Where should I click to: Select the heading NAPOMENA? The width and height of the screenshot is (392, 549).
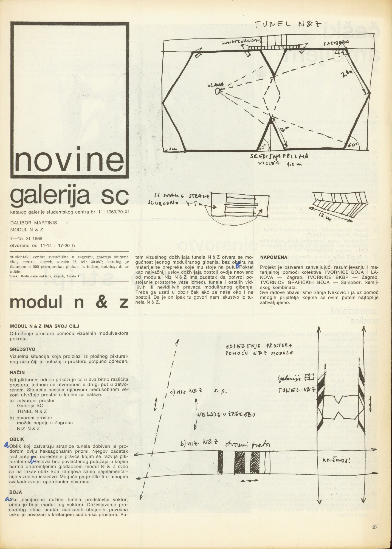tap(273, 257)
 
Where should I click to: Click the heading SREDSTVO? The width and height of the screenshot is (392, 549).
tap(22, 349)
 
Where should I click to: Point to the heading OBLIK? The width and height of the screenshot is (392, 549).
tap(17, 439)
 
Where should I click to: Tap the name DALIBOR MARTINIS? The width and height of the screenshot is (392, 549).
tap(33, 223)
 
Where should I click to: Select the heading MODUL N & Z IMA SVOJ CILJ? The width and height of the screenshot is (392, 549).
tap(44, 326)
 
